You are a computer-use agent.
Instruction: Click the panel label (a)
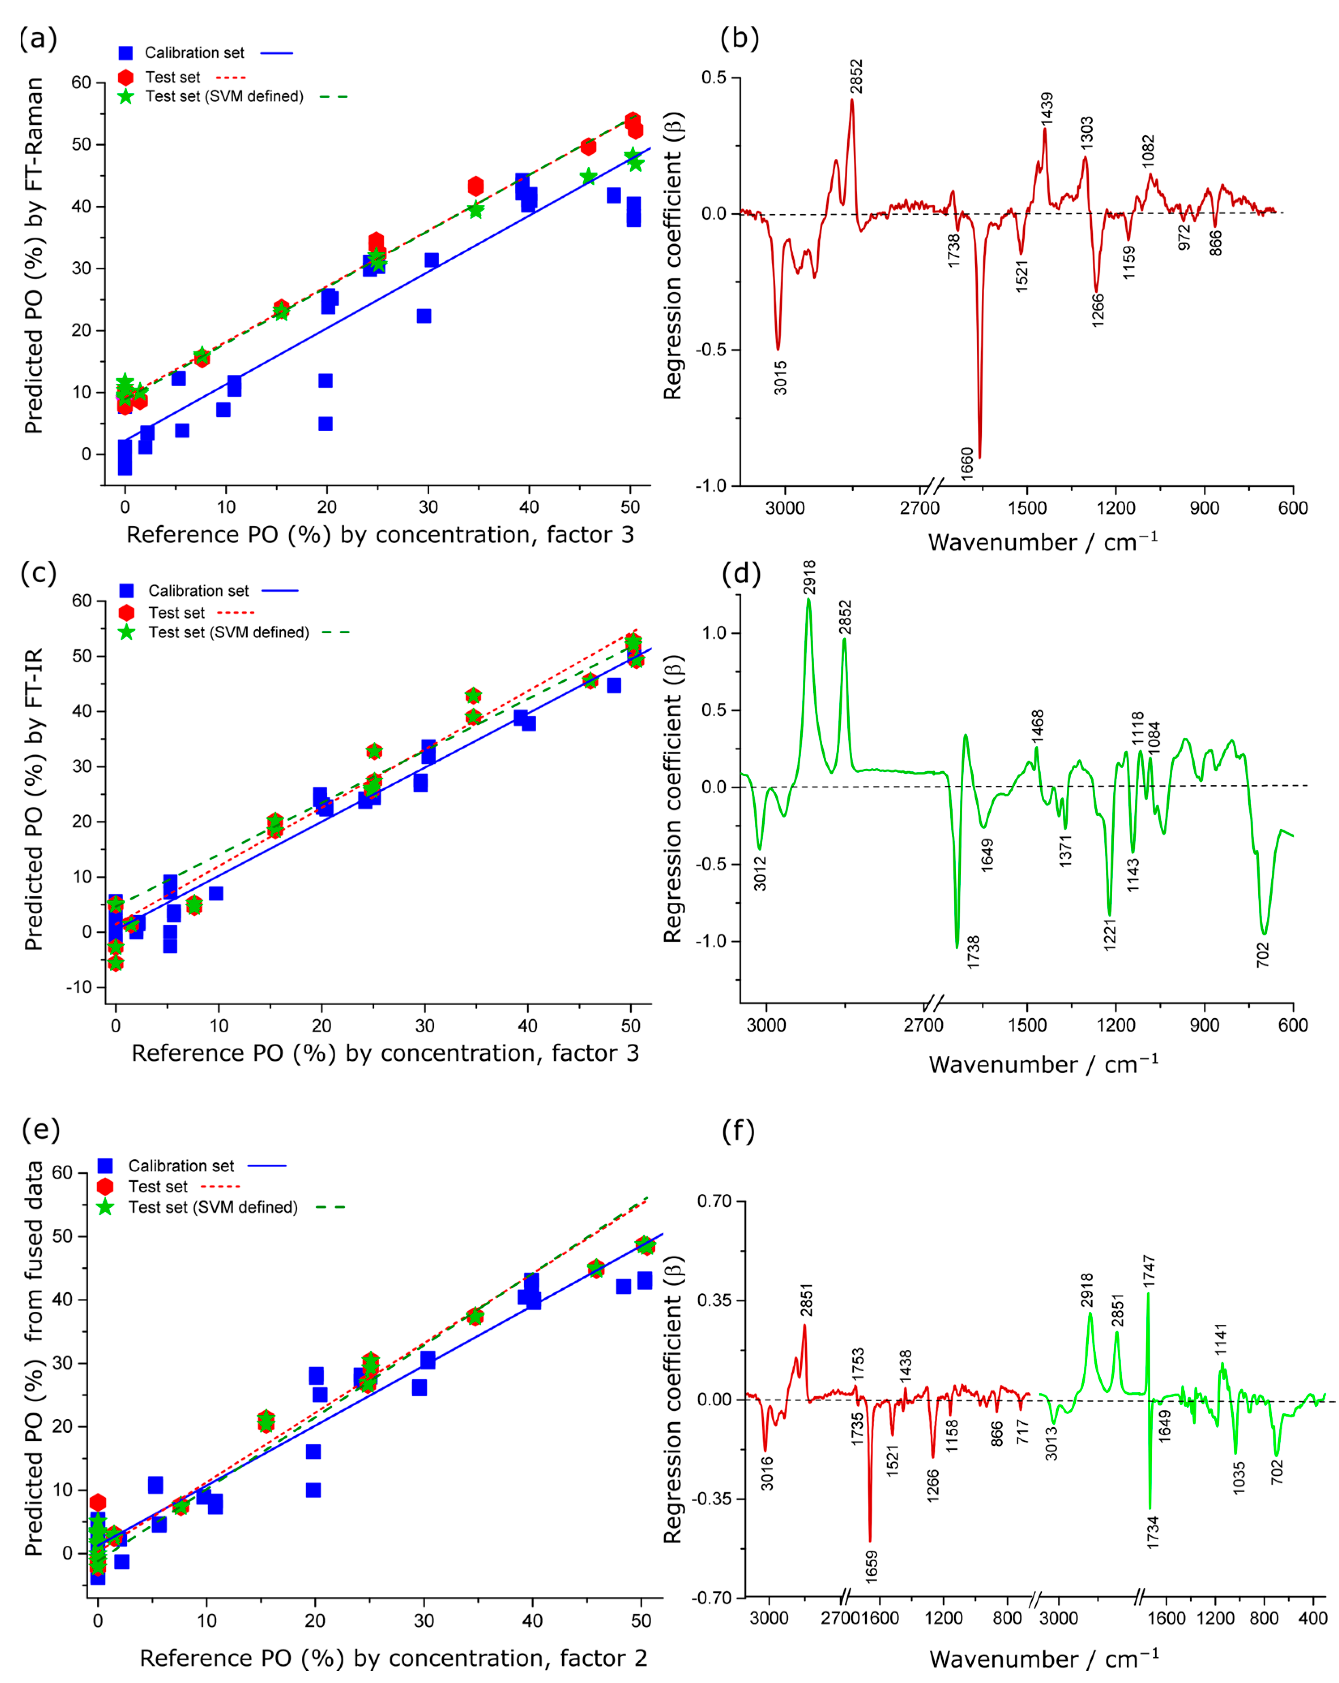coord(38,38)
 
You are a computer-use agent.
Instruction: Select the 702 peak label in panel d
coord(1262,954)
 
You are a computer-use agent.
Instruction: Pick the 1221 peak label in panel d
coord(1109,934)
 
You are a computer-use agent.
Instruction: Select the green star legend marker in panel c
coord(126,632)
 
